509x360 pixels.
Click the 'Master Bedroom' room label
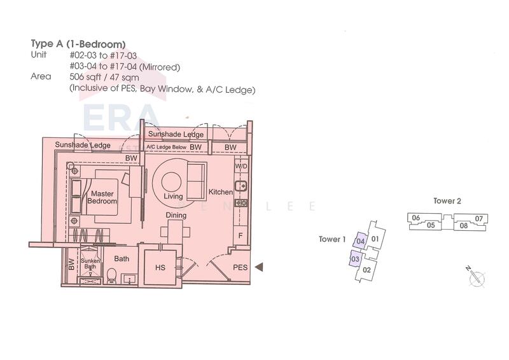point(102,197)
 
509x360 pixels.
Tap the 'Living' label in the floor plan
point(173,196)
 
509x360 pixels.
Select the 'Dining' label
point(176,215)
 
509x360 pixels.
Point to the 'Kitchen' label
point(220,192)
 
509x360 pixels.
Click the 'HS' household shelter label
point(160,268)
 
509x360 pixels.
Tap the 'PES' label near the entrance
point(241,267)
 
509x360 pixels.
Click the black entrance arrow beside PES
point(259,267)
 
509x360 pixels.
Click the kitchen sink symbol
point(241,186)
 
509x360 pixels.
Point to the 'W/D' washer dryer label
point(241,167)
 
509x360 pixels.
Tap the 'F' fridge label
point(241,236)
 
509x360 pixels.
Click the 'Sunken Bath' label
point(90,263)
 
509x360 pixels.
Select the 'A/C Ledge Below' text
point(166,147)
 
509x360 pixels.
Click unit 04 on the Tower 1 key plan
point(360,241)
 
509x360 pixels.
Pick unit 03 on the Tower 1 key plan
point(355,259)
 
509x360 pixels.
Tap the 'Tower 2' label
point(447,201)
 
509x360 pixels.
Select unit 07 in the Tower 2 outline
point(479,219)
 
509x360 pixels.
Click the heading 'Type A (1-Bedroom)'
point(78,44)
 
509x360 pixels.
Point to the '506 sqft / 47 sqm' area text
point(104,77)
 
